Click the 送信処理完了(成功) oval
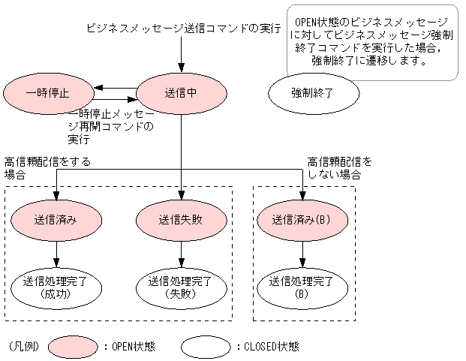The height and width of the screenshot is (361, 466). (57, 287)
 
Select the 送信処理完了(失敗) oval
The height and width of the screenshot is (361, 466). (181, 287)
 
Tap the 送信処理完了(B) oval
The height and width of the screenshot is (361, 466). (302, 287)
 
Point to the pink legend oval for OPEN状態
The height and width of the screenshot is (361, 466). (73, 347)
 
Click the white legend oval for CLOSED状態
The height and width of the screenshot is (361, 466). (206, 347)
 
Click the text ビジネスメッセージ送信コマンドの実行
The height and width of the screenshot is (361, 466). (183, 29)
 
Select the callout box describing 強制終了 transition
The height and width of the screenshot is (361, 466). (371, 41)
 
